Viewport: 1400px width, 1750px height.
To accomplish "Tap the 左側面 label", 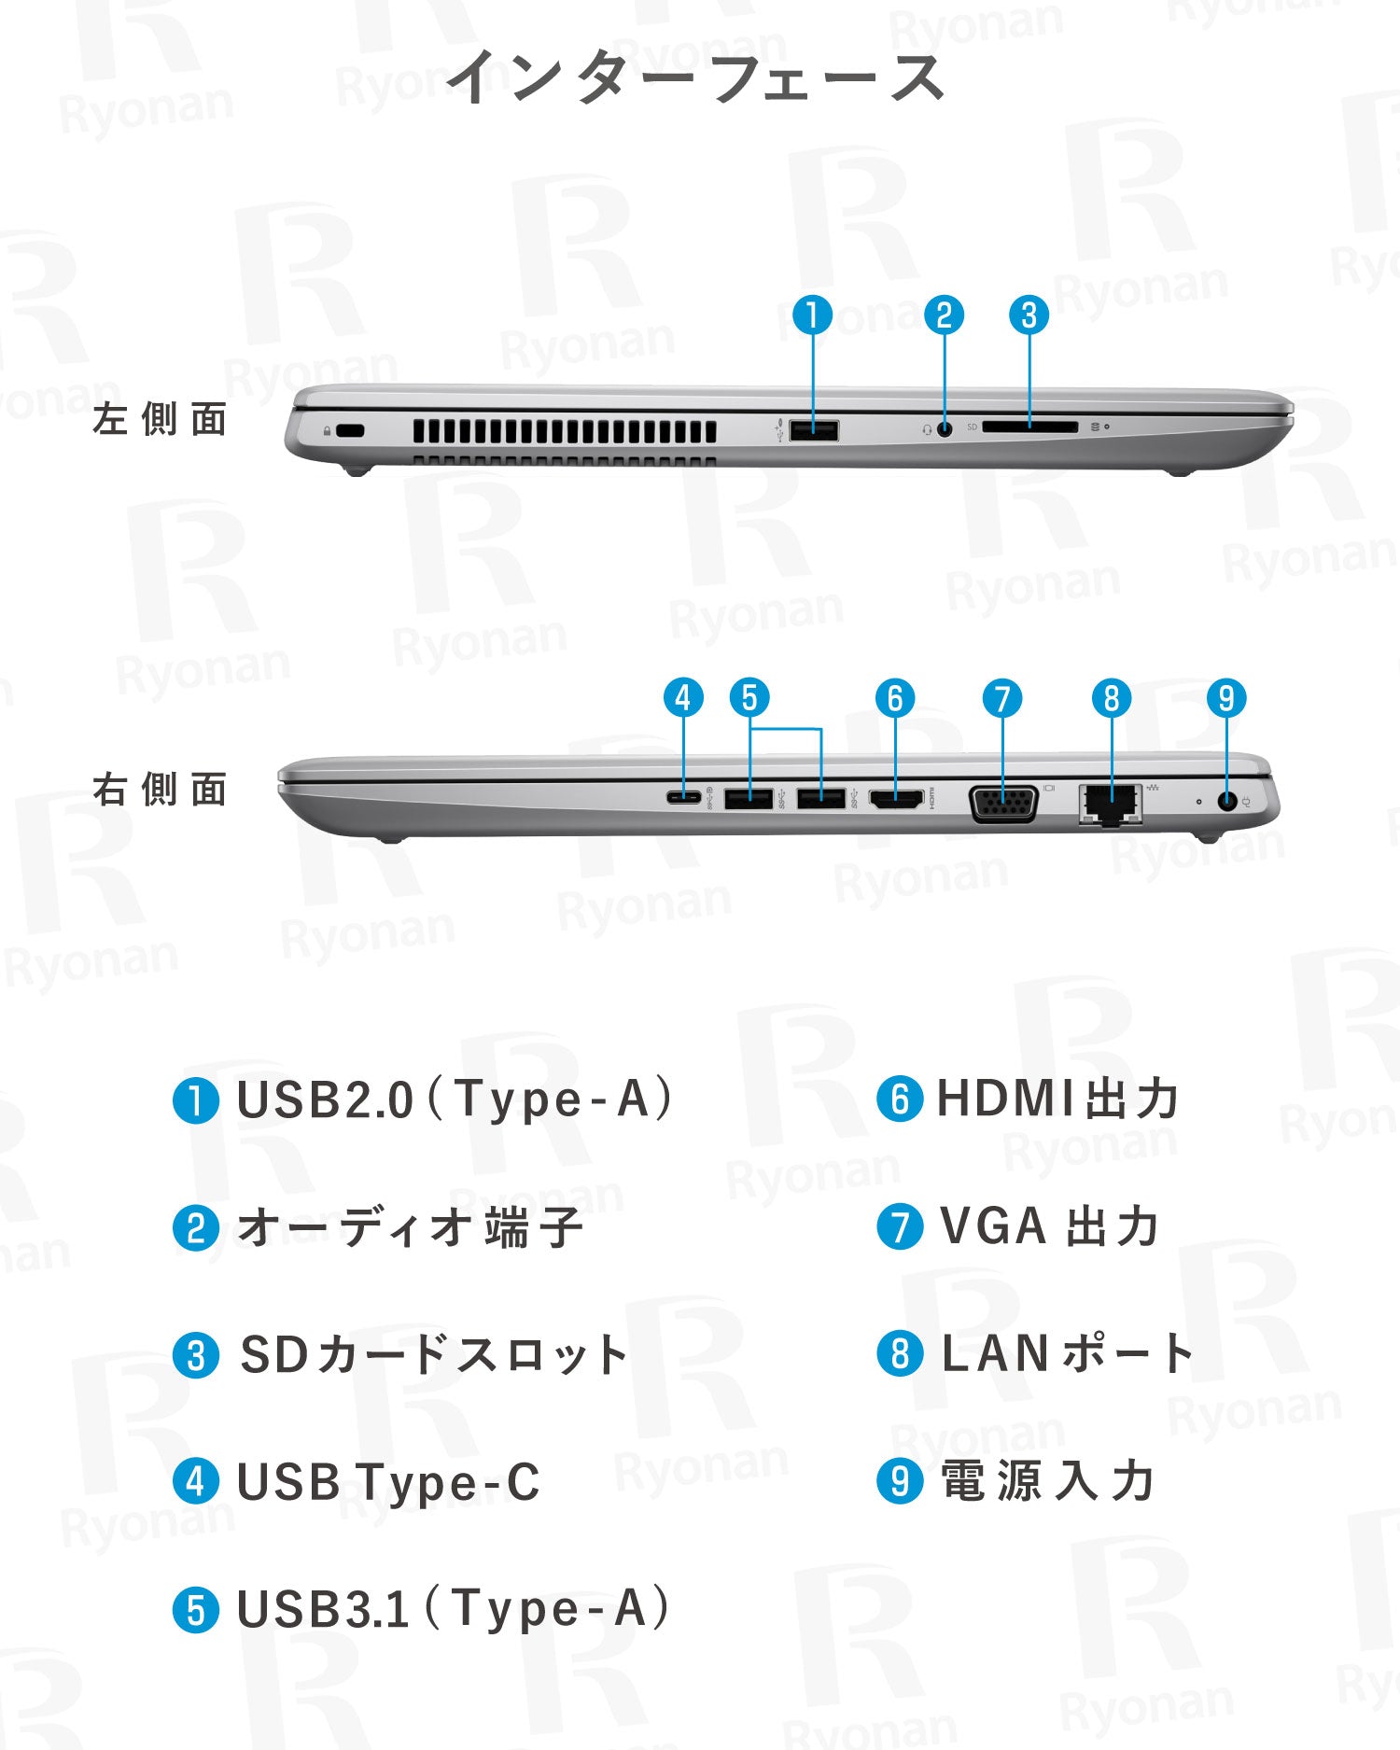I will [160, 419].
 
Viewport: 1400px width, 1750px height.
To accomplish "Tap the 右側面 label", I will [160, 790].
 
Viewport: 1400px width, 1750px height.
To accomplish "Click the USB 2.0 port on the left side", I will [813, 430].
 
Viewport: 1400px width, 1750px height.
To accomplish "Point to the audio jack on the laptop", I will [945, 429].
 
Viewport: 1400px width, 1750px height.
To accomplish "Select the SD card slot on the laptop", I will [1029, 427].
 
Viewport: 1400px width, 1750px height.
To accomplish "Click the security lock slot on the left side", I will [351, 431].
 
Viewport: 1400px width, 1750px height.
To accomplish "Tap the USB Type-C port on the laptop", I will [684, 798].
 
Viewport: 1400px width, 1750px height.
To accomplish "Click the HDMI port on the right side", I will [896, 799].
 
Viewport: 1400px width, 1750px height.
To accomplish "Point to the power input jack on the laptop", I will [1228, 801].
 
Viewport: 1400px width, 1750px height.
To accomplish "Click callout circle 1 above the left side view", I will [812, 315].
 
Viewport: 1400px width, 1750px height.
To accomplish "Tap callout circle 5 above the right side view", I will [749, 698].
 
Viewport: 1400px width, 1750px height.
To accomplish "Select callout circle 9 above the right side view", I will [1226, 698].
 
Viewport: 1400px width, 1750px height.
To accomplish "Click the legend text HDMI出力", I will [1057, 1099].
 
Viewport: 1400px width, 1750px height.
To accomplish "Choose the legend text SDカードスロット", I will [433, 1355].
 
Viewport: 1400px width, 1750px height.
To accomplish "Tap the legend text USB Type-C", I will [388, 1482].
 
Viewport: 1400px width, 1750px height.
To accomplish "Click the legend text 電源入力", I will [1048, 1481].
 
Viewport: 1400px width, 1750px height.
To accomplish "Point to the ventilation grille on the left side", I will [565, 432].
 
